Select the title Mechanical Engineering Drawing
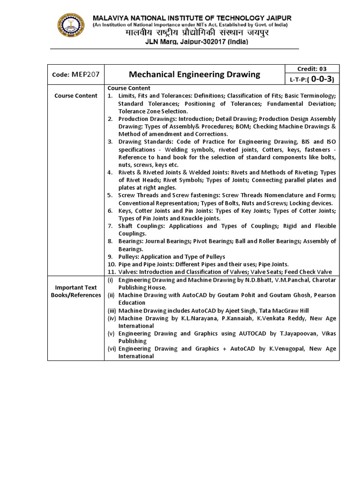(x=194, y=74)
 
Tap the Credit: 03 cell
(x=312, y=68)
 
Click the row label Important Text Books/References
(x=75, y=291)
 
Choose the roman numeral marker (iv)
(x=111, y=318)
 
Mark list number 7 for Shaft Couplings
(x=109, y=226)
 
